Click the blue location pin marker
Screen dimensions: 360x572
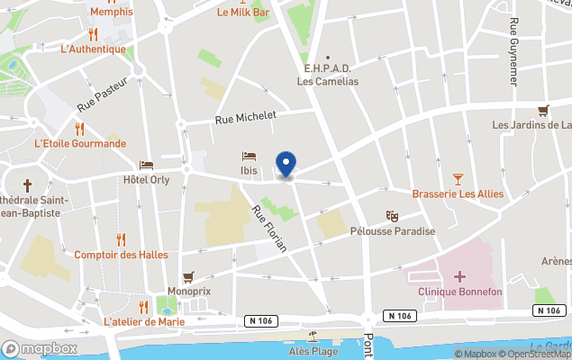click(286, 165)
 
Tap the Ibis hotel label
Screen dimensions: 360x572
click(249, 170)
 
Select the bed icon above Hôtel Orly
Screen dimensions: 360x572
click(146, 166)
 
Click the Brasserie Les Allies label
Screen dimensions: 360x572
click(457, 194)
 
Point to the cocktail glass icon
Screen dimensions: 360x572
click(458, 180)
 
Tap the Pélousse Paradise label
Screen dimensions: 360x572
click(392, 231)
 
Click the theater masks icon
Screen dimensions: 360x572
click(392, 216)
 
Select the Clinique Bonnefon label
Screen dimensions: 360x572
click(460, 292)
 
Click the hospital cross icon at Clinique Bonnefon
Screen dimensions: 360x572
click(460, 276)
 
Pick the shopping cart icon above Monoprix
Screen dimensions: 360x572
click(188, 277)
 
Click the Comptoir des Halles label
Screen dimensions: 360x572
click(121, 255)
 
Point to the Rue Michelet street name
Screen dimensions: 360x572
click(245, 117)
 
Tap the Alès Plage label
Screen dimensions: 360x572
click(313, 351)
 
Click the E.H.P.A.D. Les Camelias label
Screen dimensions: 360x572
click(328, 75)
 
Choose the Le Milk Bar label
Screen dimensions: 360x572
click(243, 12)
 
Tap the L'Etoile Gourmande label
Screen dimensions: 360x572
click(79, 143)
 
